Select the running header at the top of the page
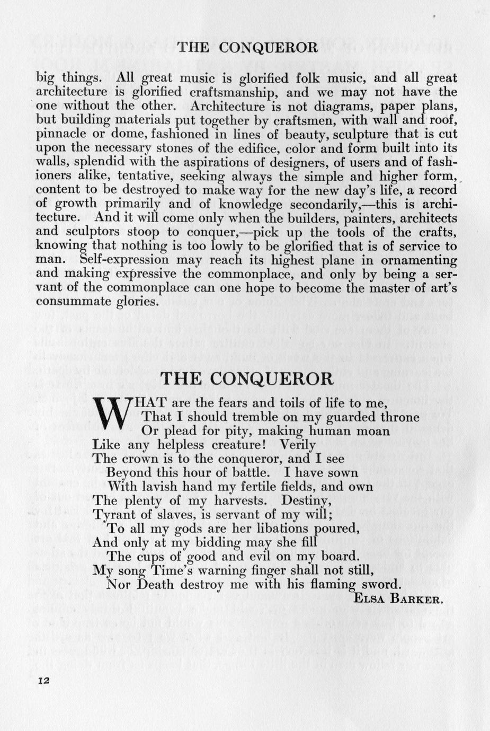(247, 48)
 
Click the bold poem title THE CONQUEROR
(247, 378)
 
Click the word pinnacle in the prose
(59, 134)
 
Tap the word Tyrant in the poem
(113, 514)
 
